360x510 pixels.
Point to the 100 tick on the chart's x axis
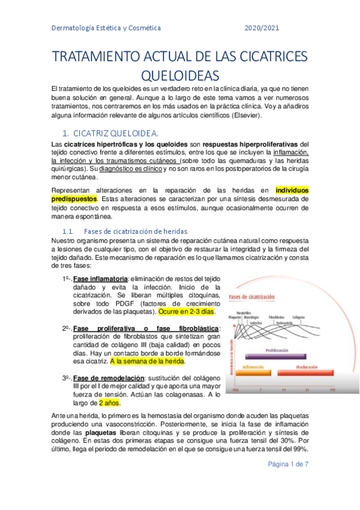(332, 390)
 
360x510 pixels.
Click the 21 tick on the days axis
(307, 390)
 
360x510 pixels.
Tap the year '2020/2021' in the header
(261, 28)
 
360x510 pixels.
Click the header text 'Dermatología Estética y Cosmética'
(106, 28)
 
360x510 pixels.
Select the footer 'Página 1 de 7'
(286, 464)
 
